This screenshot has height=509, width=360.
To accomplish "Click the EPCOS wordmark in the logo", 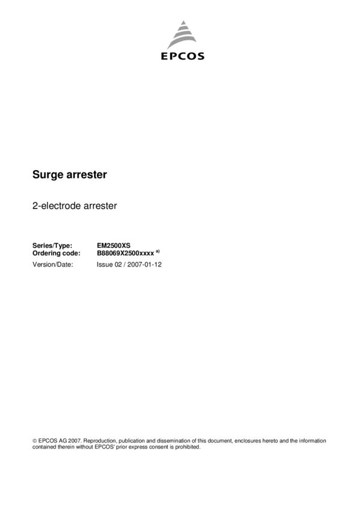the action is coord(183,56).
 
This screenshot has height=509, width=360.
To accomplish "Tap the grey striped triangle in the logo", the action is coord(183,36).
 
